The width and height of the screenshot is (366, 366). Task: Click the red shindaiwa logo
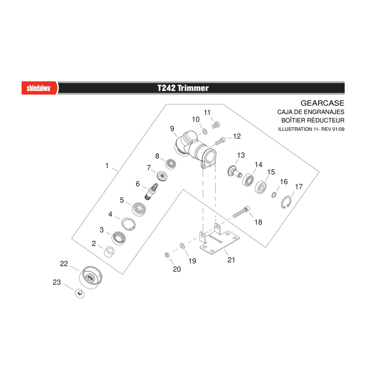click(x=39, y=88)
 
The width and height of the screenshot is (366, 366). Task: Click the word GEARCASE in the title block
click(x=323, y=103)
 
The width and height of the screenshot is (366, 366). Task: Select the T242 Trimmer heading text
click(x=183, y=88)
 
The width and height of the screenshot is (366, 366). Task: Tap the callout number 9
click(x=172, y=129)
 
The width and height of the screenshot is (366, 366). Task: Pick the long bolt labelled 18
click(x=241, y=212)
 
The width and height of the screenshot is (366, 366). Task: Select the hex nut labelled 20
click(x=167, y=255)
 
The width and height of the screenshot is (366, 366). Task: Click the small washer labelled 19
click(x=182, y=246)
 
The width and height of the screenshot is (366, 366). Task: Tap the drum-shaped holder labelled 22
click(x=91, y=277)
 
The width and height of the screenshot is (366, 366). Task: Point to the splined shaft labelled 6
click(x=151, y=191)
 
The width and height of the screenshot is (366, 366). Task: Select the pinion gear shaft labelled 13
click(x=234, y=172)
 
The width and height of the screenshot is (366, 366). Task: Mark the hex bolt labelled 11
click(x=215, y=125)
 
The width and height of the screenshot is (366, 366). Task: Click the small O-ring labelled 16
click(x=274, y=194)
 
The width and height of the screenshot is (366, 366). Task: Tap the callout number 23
click(x=57, y=282)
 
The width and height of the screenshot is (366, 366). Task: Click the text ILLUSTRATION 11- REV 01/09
click(x=311, y=129)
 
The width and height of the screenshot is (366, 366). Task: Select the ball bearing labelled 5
click(x=139, y=209)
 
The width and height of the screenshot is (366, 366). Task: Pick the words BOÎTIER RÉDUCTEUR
click(x=313, y=120)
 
